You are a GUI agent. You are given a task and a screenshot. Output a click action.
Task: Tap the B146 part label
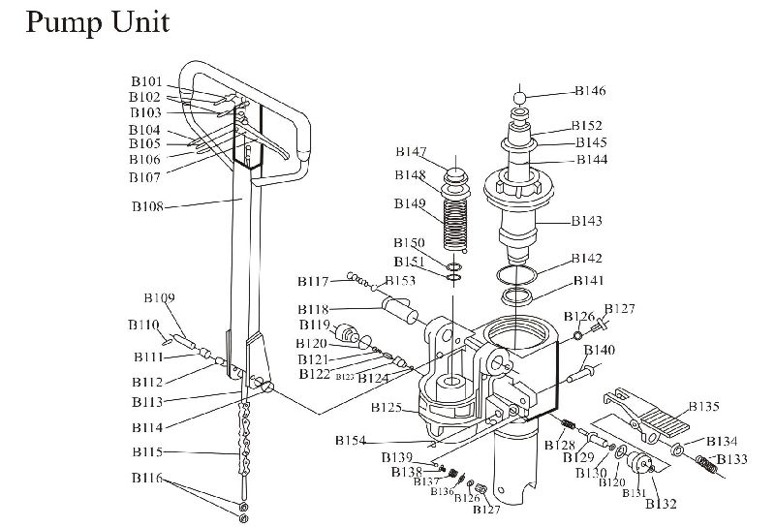(x=589, y=91)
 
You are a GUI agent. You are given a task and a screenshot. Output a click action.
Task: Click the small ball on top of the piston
(x=520, y=96)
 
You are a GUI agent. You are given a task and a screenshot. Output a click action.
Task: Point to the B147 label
(x=411, y=152)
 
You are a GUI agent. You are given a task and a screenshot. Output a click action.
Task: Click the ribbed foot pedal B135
(x=643, y=416)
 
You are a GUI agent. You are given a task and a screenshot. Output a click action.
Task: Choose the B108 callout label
(x=147, y=206)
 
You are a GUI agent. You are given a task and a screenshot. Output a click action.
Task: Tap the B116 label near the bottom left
(x=145, y=479)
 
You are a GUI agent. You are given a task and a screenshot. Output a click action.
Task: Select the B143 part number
(x=586, y=221)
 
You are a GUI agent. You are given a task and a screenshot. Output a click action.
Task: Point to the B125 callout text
(x=386, y=408)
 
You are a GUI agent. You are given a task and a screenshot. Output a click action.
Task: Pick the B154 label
(x=351, y=441)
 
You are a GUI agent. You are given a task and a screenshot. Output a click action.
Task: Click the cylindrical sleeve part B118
(x=400, y=312)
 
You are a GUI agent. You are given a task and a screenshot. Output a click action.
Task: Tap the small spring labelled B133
(x=706, y=466)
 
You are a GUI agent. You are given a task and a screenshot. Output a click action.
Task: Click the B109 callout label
(x=159, y=297)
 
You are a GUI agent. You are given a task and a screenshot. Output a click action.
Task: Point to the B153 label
(x=400, y=281)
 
